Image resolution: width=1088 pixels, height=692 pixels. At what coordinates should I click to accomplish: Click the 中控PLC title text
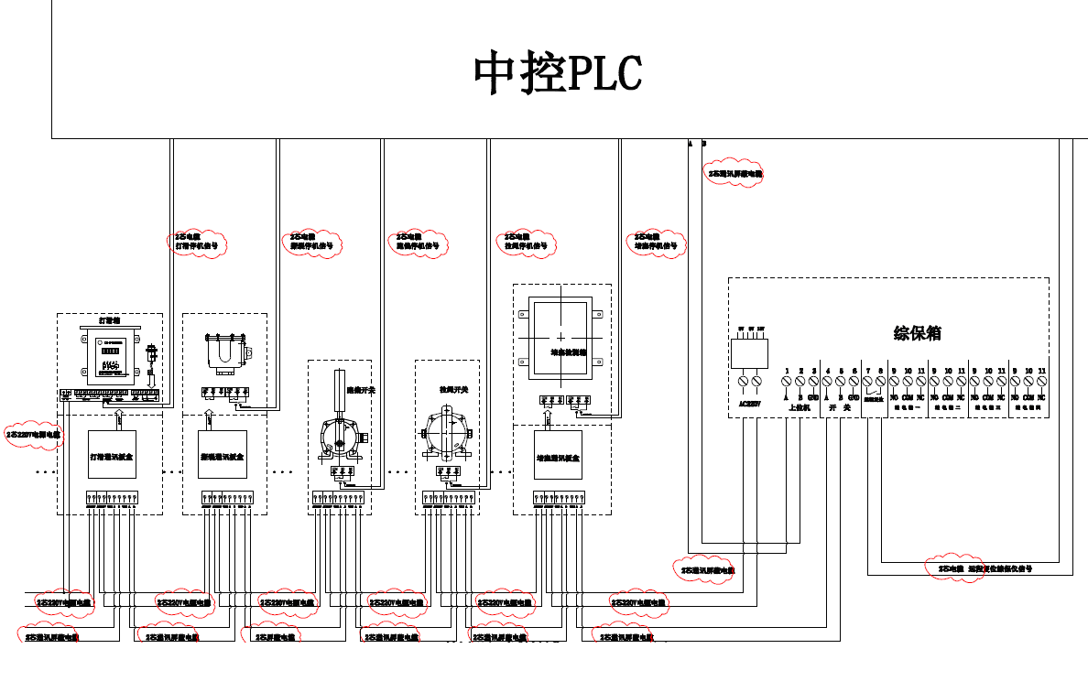tap(558, 73)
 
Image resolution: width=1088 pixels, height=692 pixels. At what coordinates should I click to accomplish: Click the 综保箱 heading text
tap(917, 333)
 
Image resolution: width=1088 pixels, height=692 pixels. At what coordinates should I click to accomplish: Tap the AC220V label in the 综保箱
tap(750, 401)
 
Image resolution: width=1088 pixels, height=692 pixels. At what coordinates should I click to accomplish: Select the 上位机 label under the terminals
tap(800, 407)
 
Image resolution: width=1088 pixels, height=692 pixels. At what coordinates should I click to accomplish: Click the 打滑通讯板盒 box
tap(113, 454)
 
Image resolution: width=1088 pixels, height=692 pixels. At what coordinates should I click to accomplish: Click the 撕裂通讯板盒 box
tap(223, 454)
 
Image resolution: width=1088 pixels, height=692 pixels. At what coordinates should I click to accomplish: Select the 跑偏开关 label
tap(360, 389)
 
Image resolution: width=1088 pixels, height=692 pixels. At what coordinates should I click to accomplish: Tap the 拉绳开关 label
tap(453, 390)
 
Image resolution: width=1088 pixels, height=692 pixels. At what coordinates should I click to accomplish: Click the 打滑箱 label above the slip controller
tap(110, 321)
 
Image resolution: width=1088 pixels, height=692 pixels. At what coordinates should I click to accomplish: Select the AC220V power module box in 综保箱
tap(749, 352)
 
